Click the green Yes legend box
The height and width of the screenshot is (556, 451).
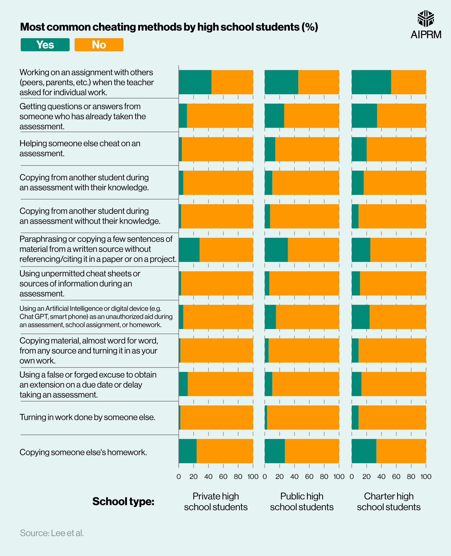pos(45,45)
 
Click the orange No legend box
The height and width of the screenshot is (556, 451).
pos(99,45)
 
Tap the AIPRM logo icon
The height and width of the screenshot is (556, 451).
pos(426,19)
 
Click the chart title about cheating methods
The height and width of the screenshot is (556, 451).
pos(169,27)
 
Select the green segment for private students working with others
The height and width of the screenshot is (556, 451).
pos(195,82)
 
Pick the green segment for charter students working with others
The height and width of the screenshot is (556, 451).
pos(371,82)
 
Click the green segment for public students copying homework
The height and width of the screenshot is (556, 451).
pos(275,451)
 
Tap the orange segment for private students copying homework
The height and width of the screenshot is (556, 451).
pos(225,451)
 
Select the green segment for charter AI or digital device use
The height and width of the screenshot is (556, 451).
pos(360,317)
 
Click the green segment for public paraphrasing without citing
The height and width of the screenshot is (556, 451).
pos(276,250)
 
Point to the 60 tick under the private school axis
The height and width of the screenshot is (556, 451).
pos(223,476)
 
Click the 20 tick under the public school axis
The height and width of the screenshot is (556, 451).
pos(280,476)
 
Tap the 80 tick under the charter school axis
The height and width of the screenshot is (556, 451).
pos(411,476)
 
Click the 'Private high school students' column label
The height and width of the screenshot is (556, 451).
pos(216,501)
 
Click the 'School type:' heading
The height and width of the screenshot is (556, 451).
pos(123,501)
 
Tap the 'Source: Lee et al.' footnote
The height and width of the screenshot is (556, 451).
pos(52,533)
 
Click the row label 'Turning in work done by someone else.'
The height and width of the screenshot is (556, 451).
pos(87,417)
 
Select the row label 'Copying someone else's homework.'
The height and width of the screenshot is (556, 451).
pos(83,452)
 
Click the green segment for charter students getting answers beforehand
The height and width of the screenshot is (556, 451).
pos(364,116)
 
